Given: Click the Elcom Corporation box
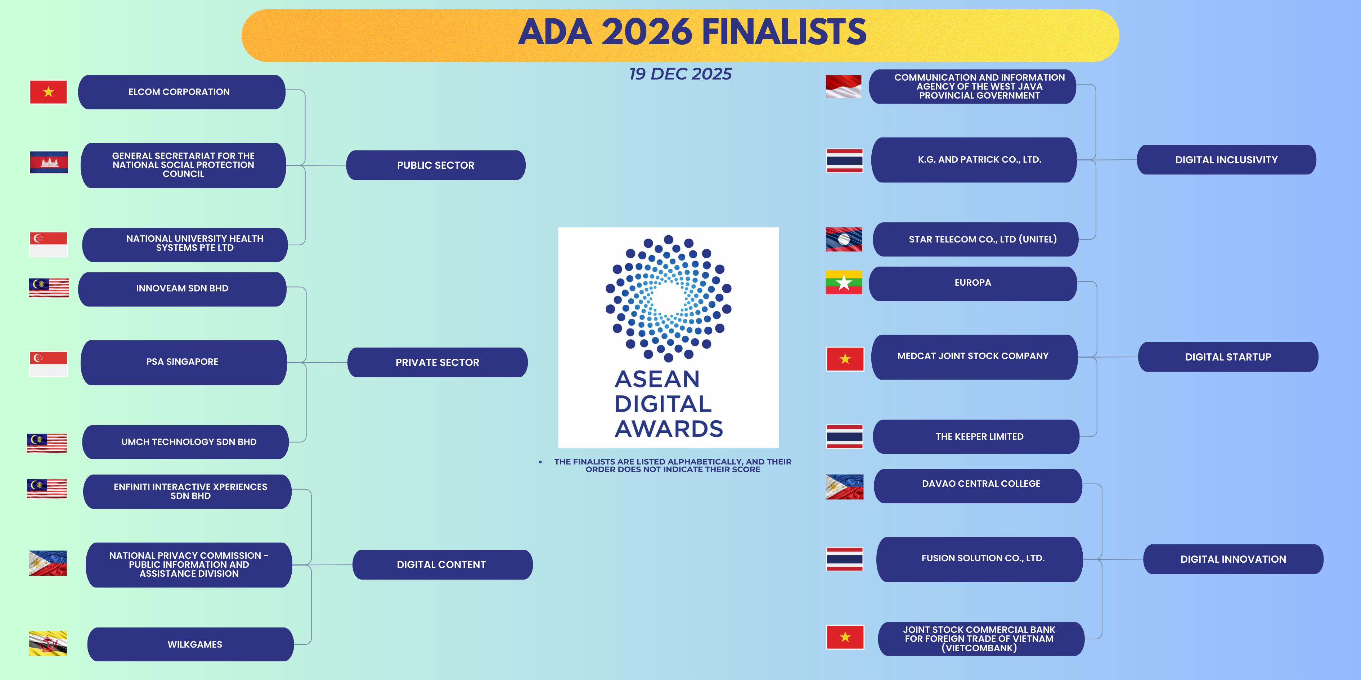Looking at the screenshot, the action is pos(182,92).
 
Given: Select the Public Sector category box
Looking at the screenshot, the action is pos(436,165).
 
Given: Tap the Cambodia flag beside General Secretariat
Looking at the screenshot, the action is pos(49,162).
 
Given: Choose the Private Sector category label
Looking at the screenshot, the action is pos(437,362).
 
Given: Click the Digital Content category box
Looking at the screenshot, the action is pos(442,565).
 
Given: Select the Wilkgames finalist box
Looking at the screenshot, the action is pos(190,644).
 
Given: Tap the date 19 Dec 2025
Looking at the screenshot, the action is pos(680,74).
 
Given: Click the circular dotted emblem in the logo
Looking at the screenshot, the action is pos(668,298).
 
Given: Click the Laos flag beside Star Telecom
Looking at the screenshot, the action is pos(844,239).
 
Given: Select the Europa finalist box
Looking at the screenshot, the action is pos(973,284).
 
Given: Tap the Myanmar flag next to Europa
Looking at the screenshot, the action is pos(844,282).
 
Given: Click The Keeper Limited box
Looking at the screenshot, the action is pos(976,437).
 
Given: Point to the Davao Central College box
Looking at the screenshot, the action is pos(978,486).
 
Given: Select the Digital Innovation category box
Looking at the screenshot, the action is pos(1233,559).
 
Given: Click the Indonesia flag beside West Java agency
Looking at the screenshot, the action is pos(843,87).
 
